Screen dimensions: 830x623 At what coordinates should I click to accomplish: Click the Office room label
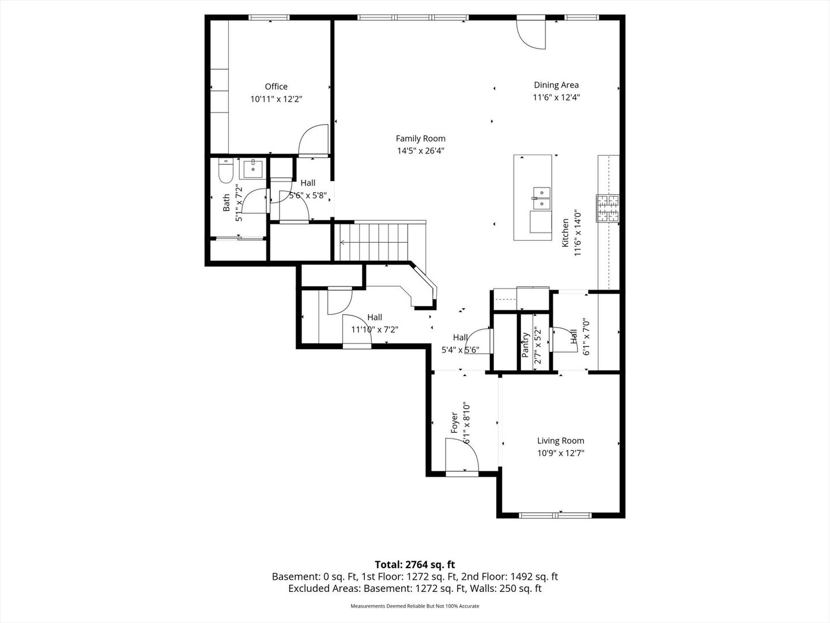click(276, 87)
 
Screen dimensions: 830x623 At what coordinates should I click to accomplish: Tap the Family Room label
click(421, 138)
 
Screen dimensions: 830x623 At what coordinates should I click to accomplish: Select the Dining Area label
click(556, 85)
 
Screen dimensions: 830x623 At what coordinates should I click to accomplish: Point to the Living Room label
click(561, 441)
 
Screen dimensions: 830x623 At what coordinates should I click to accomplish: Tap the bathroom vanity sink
click(253, 168)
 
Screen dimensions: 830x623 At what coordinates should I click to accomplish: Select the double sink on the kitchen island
click(541, 198)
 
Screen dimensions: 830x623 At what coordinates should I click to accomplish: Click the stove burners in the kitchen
click(608, 208)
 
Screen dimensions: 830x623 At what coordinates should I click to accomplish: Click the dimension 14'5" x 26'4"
click(421, 151)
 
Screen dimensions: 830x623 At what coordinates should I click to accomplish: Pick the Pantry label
click(525, 345)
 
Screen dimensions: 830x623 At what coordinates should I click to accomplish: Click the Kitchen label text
click(565, 233)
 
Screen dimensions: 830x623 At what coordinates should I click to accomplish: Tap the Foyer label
click(455, 422)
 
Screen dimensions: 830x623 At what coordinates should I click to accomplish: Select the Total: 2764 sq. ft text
click(415, 565)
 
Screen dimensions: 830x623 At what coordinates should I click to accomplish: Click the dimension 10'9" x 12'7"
click(561, 453)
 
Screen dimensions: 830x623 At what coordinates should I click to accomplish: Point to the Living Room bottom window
click(555, 515)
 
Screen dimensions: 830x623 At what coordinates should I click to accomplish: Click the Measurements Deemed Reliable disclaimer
click(415, 606)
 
